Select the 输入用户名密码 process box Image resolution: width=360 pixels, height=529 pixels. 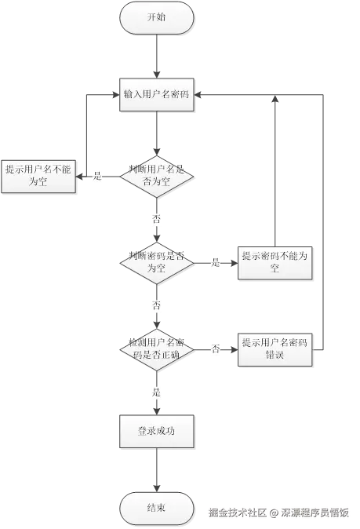pos(157,94)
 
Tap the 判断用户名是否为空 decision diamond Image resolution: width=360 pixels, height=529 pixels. pos(157,176)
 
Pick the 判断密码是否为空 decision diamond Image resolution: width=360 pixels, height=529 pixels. pos(157,262)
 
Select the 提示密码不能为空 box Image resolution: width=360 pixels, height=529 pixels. pos(275,262)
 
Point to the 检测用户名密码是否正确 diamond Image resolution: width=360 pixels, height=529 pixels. pos(157,348)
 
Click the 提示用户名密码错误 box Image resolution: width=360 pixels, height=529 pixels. pos(275,348)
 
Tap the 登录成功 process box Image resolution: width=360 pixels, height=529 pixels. pos(157,431)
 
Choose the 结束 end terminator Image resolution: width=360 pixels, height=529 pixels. pos(157,508)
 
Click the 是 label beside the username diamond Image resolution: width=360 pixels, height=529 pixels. pos(99,177)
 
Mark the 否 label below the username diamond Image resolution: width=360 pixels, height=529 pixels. pos(157,219)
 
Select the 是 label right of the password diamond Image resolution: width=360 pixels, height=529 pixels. pos(216,262)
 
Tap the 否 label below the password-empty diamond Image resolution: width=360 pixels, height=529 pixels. pos(157,305)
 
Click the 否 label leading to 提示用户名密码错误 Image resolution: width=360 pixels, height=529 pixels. pos(216,348)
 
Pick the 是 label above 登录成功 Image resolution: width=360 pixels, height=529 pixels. pos(157,391)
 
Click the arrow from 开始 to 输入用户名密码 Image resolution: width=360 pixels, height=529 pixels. pos(157,55)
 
